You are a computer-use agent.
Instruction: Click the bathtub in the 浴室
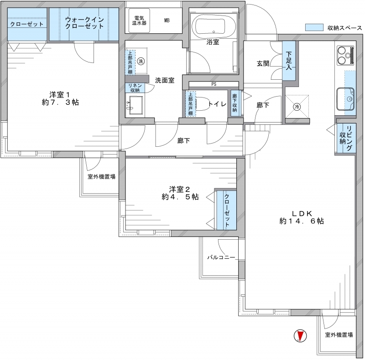pos(213,26)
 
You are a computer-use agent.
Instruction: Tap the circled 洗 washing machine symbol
pos(141,61)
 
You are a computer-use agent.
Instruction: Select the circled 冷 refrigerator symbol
pos(297,107)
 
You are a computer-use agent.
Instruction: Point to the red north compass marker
pos(300,336)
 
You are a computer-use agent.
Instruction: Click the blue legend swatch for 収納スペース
pos(314,27)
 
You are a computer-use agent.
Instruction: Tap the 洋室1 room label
pos(60,98)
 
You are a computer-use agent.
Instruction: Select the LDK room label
pos(302,217)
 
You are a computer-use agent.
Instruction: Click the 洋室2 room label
pos(180,193)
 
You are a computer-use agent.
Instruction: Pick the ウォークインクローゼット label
pos(84,23)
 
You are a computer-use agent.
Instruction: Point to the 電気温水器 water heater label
pos(139,21)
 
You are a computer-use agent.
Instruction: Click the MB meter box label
pos(167,21)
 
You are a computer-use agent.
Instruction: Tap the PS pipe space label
pos(214,84)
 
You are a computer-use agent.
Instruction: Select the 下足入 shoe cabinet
pos(289,61)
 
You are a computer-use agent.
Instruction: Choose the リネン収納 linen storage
pos(135,87)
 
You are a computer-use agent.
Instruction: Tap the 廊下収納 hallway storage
pos(235,103)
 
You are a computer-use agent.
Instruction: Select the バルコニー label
pos(221,257)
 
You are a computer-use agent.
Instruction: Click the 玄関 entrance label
pos(263,63)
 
